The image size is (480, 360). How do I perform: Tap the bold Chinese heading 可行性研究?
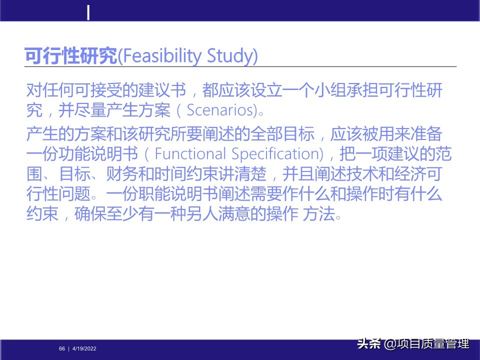(x=70, y=56)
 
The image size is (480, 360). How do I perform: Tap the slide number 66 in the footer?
(x=62, y=348)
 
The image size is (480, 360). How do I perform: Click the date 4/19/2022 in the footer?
(x=84, y=348)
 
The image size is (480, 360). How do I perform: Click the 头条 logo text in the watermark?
(x=369, y=344)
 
